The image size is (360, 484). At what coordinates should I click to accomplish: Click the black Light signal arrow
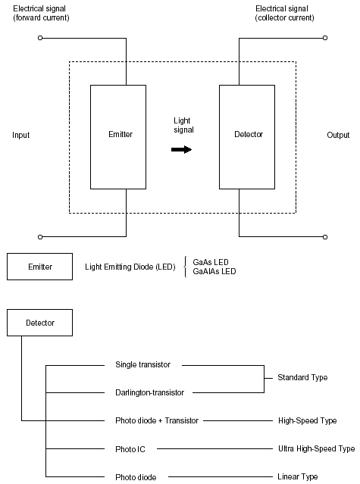click(x=182, y=150)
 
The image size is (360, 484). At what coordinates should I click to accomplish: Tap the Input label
click(x=21, y=135)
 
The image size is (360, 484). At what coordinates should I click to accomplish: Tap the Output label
click(x=338, y=135)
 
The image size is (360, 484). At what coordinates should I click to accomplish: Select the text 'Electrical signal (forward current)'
click(x=41, y=14)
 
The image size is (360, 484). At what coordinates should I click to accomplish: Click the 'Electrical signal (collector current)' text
click(x=284, y=14)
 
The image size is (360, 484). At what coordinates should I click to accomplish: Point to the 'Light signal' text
click(x=183, y=125)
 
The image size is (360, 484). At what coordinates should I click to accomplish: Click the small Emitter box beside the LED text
click(x=40, y=267)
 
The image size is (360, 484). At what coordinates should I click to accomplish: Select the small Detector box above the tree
click(x=40, y=323)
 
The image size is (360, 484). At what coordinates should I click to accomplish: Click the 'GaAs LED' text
click(x=211, y=262)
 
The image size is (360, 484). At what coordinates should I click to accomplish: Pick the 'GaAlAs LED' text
click(x=214, y=271)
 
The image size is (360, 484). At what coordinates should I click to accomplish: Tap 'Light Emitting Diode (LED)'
click(x=130, y=267)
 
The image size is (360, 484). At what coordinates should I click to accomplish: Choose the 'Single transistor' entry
click(x=142, y=364)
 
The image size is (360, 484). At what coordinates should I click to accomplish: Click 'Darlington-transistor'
click(x=149, y=392)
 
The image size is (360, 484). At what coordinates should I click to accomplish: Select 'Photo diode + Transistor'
click(x=157, y=420)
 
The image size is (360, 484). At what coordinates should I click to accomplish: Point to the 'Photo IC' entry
click(x=130, y=449)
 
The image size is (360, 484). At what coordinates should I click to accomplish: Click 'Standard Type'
click(x=302, y=377)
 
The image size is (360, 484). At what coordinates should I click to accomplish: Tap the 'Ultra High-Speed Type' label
click(x=317, y=449)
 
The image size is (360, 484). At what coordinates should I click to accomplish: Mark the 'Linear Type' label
click(x=297, y=476)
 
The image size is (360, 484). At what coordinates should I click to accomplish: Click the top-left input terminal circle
click(x=40, y=38)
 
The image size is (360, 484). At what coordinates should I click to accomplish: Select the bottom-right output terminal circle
click(x=325, y=237)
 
